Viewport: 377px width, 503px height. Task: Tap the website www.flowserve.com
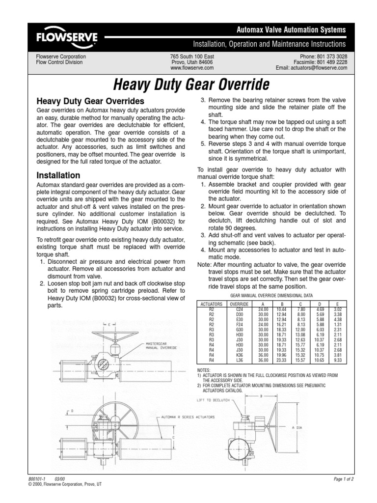192,68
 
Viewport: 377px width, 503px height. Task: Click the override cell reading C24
239,309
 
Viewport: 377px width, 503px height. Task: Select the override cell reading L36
239,360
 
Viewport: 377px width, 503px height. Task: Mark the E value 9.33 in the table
338,360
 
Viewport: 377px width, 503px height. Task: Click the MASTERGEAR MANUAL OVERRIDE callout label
162,346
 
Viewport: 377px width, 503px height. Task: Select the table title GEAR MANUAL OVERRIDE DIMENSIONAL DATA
271,297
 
